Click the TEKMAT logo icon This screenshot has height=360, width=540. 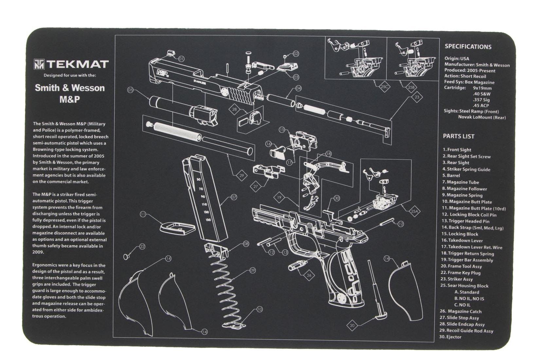pos(39,64)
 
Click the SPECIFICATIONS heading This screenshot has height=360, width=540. pos(468,47)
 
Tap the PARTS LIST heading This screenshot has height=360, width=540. pos(459,136)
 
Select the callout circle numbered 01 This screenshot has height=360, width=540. pos(181,59)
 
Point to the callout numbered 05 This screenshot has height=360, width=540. pos(131,90)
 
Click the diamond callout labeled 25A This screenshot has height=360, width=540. pos(414,211)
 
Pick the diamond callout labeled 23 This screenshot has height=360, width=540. pos(417,97)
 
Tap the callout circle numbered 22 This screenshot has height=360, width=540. pos(142,246)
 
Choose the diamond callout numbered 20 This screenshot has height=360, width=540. pos(352,325)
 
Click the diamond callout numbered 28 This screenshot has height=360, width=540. pos(234,109)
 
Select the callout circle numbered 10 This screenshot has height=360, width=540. pos(260,309)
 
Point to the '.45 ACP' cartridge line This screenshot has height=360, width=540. pos(481,105)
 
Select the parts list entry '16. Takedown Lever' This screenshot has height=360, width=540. pos(462,241)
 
